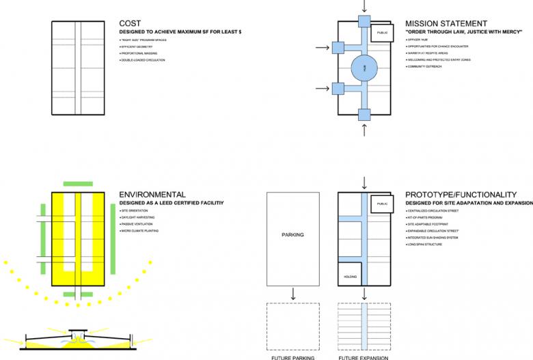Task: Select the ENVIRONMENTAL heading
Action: [x=152, y=195]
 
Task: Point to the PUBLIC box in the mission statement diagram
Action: [x=380, y=32]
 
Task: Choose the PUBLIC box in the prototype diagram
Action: [x=380, y=204]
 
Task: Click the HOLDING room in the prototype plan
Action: [x=350, y=277]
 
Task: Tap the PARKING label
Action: [x=292, y=235]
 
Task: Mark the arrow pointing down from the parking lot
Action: [x=292, y=294]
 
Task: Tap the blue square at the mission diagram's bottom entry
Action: [x=364, y=114]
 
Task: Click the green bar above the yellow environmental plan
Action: [x=77, y=184]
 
